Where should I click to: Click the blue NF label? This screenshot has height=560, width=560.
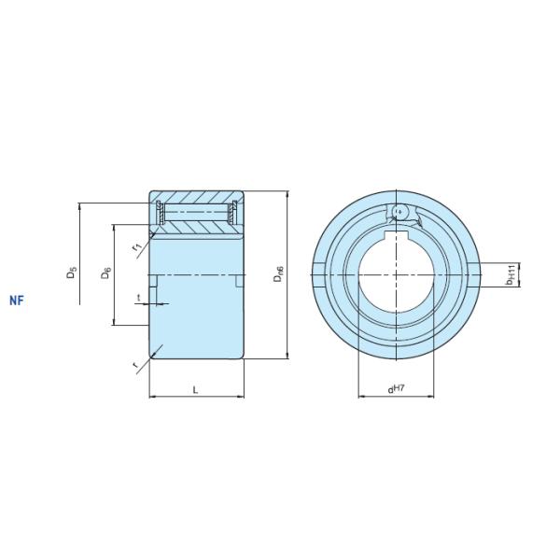pyautogui.click(x=17, y=301)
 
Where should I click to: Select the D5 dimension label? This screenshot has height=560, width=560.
pyautogui.click(x=72, y=273)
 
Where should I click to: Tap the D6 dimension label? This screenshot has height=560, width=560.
pyautogui.click(x=106, y=273)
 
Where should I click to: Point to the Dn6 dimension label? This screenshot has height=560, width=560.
pyautogui.click(x=278, y=273)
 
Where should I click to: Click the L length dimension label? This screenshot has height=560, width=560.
pyautogui.click(x=195, y=390)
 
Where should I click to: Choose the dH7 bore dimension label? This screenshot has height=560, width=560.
pyautogui.click(x=396, y=389)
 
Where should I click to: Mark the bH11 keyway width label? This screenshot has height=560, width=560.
pyautogui.click(x=510, y=274)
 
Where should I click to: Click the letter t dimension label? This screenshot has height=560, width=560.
pyautogui.click(x=139, y=297)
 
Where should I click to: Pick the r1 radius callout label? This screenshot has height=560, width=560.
pyautogui.click(x=137, y=246)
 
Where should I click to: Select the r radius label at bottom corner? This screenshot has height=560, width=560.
pyautogui.click(x=135, y=365)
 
